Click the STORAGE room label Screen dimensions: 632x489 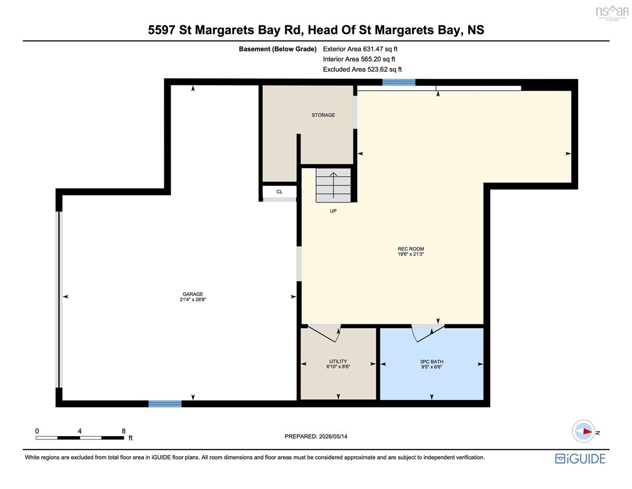click(x=323, y=115)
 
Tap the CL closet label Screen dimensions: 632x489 click(x=279, y=191)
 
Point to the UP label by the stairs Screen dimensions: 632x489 click(x=333, y=211)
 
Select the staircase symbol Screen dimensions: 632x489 click(x=333, y=185)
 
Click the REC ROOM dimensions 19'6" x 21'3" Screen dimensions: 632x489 click(x=411, y=254)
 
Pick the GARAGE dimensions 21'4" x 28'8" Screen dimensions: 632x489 click(x=193, y=300)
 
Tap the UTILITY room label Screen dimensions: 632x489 click(x=338, y=361)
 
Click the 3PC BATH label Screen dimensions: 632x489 click(x=432, y=361)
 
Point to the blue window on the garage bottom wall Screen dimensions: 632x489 click(x=165, y=404)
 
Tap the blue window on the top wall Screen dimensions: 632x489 click(x=399, y=82)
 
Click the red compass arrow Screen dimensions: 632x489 click(x=588, y=432)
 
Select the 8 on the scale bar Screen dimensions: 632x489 click(x=124, y=431)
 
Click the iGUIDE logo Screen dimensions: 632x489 click(x=580, y=459)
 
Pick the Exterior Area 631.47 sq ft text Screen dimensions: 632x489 click(x=360, y=49)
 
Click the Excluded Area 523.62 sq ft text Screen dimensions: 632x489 click(x=362, y=69)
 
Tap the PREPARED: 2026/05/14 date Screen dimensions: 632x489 click(x=316, y=436)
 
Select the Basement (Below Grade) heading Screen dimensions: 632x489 click(x=278, y=49)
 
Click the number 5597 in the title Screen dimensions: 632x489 click(x=161, y=30)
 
